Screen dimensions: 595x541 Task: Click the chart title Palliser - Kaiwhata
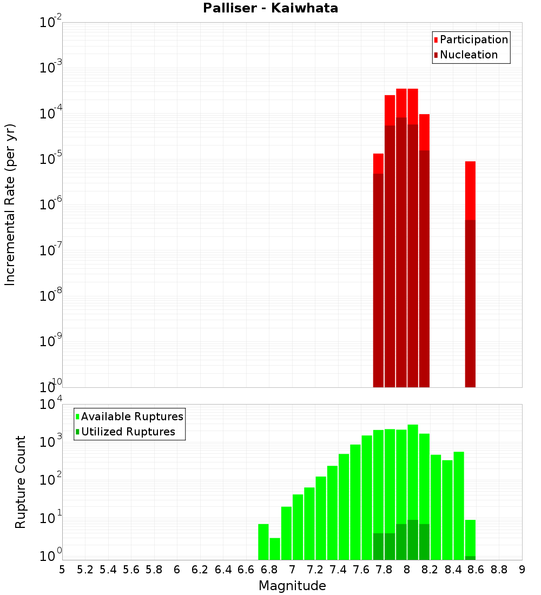270,9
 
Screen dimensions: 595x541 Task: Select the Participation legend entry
473,39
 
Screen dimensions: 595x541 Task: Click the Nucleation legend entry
468,55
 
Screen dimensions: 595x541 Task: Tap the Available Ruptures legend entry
131,416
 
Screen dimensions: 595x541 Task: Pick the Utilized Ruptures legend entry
128,432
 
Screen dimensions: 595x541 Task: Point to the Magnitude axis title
292,586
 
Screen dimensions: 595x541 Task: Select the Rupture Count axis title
21,481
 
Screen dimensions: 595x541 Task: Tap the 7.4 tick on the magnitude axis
338,570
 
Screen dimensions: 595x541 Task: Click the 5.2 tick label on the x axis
85,570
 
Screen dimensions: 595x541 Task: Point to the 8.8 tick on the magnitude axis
499,570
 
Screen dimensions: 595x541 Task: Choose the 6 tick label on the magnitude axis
177,570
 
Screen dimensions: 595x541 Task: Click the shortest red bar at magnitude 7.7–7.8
378,270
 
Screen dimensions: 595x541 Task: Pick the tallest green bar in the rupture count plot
413,492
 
